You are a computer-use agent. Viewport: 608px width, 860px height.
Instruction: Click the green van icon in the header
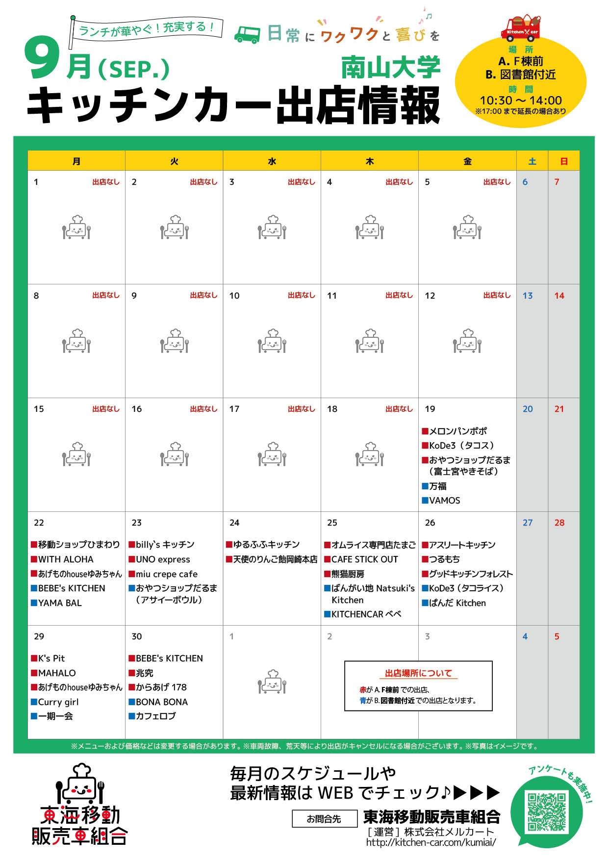(x=247, y=35)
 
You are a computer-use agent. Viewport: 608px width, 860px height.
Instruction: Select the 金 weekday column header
(x=467, y=161)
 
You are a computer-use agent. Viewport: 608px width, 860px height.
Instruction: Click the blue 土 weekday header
(x=532, y=161)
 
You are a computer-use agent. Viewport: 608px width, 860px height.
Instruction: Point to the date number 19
(x=430, y=409)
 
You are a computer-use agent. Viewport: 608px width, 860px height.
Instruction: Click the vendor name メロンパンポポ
(x=457, y=431)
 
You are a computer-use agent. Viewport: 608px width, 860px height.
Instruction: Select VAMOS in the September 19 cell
(x=444, y=501)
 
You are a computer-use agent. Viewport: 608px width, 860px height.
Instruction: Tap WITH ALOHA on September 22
(x=65, y=559)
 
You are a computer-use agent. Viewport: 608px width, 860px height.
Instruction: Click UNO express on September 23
(x=163, y=559)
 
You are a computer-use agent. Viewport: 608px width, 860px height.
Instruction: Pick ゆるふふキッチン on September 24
(x=266, y=545)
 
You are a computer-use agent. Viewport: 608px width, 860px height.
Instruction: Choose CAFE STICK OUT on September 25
(x=364, y=559)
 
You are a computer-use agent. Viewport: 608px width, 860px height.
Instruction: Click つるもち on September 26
(x=444, y=559)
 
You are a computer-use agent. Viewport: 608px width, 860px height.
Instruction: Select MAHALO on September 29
(x=57, y=673)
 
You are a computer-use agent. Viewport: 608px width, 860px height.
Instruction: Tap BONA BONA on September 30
(x=161, y=702)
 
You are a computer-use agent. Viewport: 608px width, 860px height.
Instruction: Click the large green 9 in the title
(x=43, y=61)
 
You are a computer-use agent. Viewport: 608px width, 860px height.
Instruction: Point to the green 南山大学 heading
(x=391, y=68)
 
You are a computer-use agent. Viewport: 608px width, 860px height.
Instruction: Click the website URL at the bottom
(x=431, y=842)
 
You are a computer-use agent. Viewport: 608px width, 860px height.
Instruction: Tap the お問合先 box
(x=324, y=819)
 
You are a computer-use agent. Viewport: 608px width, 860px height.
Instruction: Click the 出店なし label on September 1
(x=106, y=182)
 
